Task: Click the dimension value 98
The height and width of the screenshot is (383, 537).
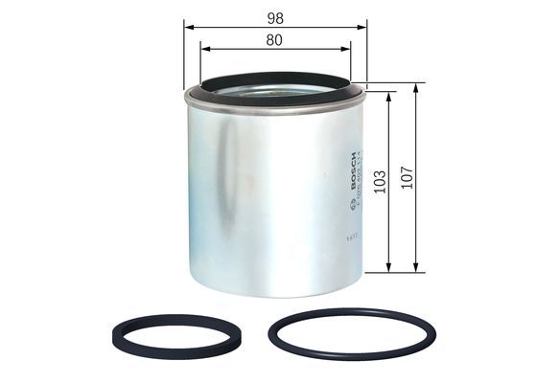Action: pos(275,17)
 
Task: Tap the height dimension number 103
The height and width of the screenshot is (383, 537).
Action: pos(380,182)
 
